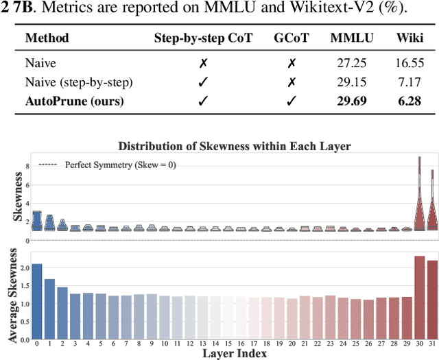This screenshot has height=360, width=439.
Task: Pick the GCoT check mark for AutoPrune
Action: [x=291, y=101]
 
